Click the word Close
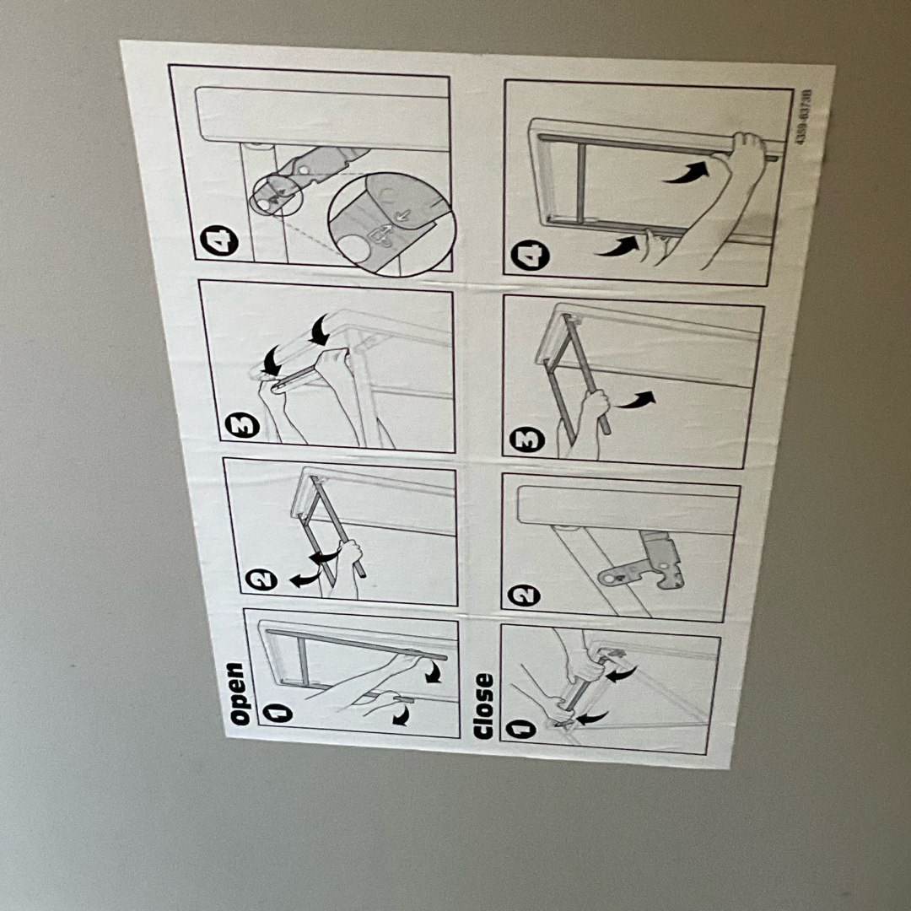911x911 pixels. point(482,706)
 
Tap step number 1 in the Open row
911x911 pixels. point(278,713)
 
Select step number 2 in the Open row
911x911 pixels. point(261,579)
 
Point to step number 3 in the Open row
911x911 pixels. point(242,425)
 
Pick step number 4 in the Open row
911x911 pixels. point(219,240)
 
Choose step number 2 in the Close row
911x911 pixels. point(524,596)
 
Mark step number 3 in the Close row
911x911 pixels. point(527,439)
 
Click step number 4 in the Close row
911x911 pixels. point(530,255)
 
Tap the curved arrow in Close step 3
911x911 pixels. point(636,401)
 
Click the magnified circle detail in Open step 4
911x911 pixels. point(391,224)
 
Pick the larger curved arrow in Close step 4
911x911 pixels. point(686,173)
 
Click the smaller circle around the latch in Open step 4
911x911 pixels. point(277,196)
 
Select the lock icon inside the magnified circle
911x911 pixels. point(381,236)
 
